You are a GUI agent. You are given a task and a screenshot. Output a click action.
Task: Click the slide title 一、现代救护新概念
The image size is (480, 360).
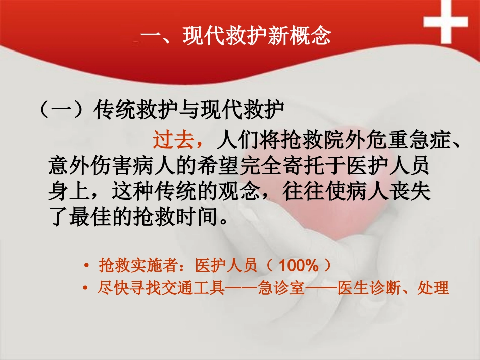[x=236, y=37]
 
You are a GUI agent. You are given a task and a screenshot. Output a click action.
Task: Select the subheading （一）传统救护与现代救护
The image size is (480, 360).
[x=162, y=110]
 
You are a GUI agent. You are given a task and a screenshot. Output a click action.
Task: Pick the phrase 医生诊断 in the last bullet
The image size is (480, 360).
[x=368, y=289]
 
